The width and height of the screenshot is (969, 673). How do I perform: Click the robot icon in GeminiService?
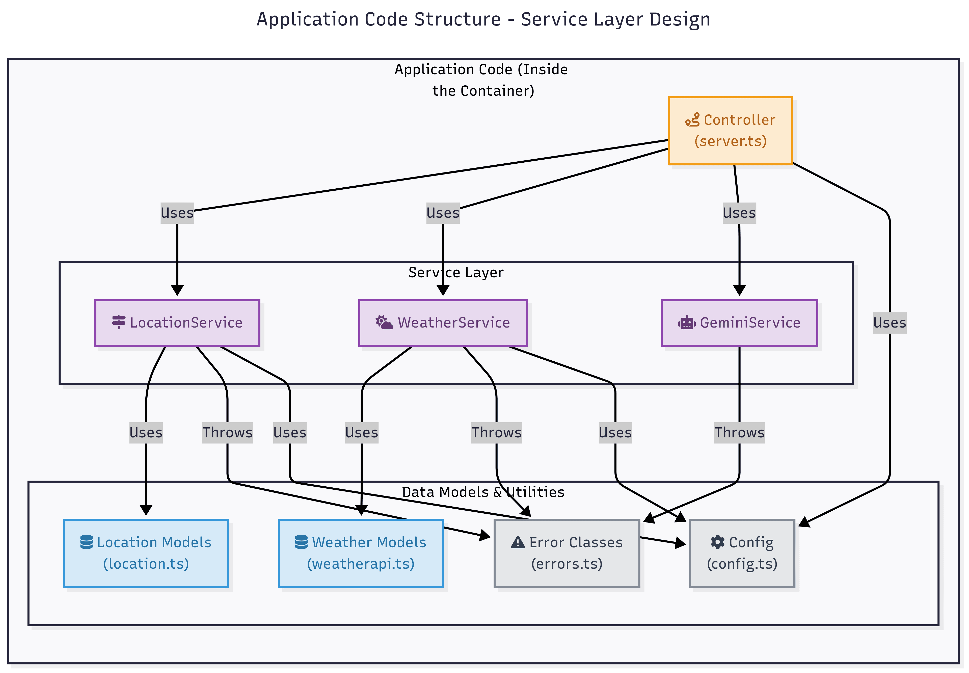[x=686, y=323]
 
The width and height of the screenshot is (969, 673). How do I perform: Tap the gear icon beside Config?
[x=717, y=542]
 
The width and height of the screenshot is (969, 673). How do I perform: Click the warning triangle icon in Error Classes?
[x=517, y=542]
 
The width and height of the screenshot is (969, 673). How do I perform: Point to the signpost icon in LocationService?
[x=118, y=322]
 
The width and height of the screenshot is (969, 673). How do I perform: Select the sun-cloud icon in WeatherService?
[x=384, y=322]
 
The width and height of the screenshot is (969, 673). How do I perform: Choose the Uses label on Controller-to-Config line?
[x=889, y=323]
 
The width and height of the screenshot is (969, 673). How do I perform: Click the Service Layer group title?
[x=455, y=272]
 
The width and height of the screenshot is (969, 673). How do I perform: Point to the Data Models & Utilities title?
[x=483, y=492]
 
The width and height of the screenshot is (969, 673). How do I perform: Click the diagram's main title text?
[x=483, y=19]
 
